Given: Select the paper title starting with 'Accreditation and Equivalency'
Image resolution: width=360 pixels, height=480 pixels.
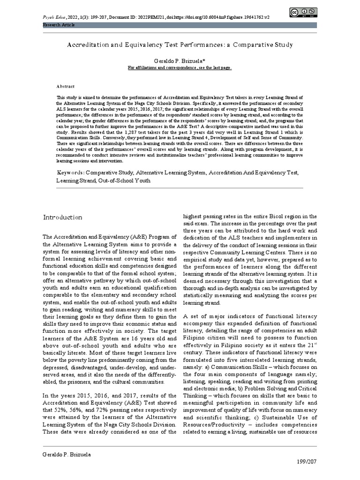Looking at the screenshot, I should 180,45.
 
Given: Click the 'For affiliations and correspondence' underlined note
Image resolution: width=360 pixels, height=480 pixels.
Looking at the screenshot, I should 180,67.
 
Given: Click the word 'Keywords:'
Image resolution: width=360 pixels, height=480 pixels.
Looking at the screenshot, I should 71,172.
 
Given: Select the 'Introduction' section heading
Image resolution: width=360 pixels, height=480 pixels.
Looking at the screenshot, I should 63,217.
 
